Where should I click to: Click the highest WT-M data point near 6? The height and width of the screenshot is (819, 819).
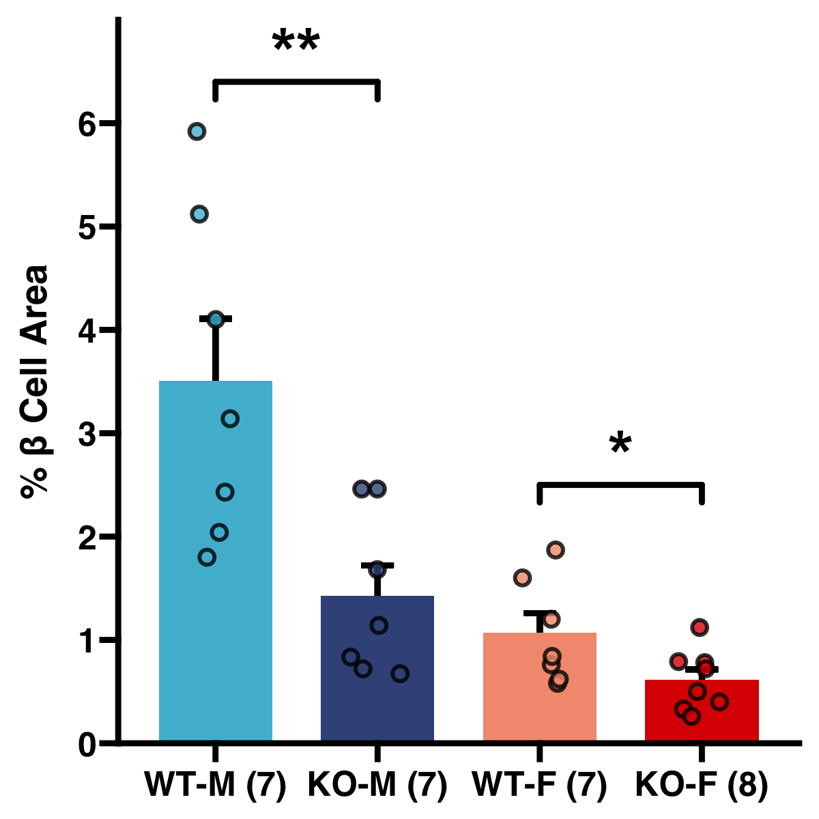click(x=197, y=132)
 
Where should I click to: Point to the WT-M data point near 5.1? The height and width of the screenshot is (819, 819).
click(x=199, y=214)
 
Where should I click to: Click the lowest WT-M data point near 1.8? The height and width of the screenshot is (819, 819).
click(x=207, y=558)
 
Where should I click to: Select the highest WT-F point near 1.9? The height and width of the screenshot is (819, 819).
click(x=555, y=550)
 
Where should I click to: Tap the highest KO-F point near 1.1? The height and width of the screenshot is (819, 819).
click(x=699, y=627)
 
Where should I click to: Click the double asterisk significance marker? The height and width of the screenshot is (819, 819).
click(x=296, y=42)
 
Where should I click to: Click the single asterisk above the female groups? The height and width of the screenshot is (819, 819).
click(x=620, y=444)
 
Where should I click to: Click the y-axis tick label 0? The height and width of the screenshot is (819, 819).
click(x=87, y=744)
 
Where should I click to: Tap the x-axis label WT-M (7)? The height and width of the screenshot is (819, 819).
click(x=215, y=785)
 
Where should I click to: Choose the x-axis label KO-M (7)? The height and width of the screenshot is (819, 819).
click(x=377, y=785)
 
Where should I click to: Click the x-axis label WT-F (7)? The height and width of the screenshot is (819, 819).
click(x=539, y=785)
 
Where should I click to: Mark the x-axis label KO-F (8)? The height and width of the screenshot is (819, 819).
click(x=702, y=785)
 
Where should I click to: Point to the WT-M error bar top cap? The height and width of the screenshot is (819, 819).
click(x=216, y=319)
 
